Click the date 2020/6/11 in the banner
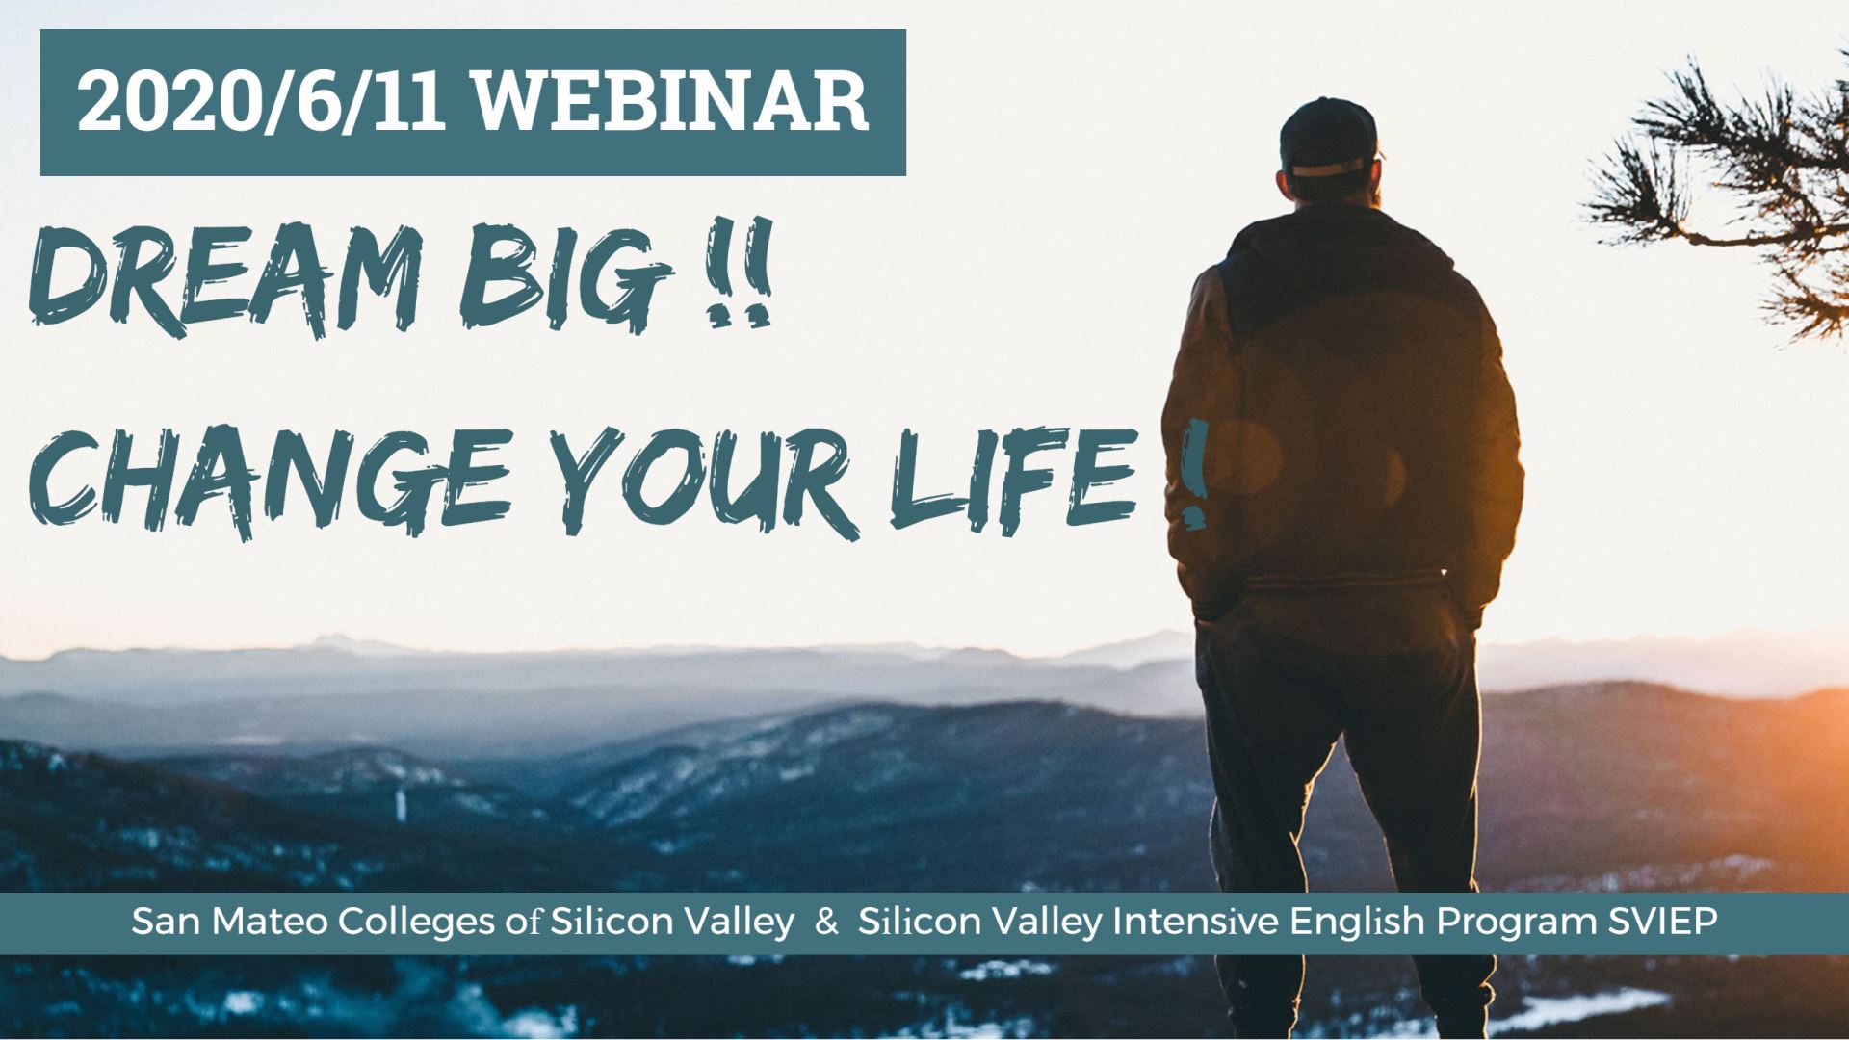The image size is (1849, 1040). [261, 102]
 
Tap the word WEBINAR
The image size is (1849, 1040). [671, 102]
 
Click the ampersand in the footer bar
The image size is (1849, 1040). [826, 923]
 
